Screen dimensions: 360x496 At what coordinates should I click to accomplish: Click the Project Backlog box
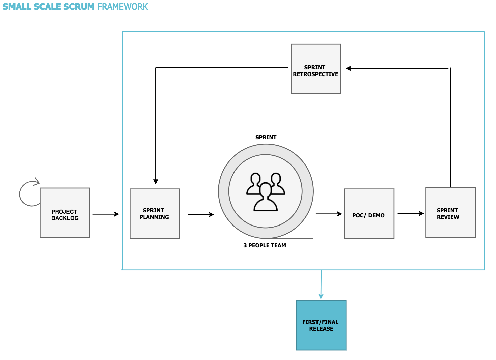click(65, 213)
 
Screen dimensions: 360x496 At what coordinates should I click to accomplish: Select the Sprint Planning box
click(155, 214)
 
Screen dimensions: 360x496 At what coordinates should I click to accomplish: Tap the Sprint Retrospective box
click(315, 69)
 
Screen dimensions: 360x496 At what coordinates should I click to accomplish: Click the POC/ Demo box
click(369, 214)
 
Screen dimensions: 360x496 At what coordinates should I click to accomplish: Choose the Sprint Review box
click(450, 213)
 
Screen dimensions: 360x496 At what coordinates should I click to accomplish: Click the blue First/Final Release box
click(321, 325)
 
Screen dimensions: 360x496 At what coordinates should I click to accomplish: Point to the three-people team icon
click(266, 192)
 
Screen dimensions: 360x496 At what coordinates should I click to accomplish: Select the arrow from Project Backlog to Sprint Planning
click(106, 214)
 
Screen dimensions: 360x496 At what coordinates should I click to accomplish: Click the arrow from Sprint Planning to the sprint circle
click(200, 214)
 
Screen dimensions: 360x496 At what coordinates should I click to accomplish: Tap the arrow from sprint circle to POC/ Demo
click(329, 214)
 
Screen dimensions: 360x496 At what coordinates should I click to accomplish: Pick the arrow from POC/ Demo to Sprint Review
click(410, 213)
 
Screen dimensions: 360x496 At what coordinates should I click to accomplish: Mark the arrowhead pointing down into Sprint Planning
click(156, 181)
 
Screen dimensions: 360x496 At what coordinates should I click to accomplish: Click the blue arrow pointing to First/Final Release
click(321, 285)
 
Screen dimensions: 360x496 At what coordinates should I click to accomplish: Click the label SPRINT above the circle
click(266, 137)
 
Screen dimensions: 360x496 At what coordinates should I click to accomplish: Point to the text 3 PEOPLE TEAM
click(265, 245)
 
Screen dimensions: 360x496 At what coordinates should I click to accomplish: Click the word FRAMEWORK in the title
click(123, 7)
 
